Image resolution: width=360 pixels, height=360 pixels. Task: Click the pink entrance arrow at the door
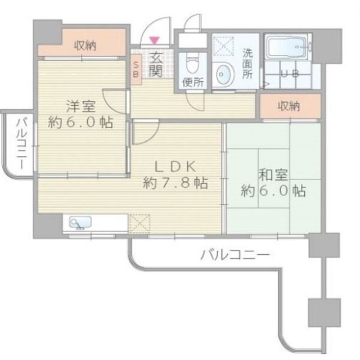click(x=155, y=39)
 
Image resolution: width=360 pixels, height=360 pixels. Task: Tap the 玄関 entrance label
click(x=155, y=63)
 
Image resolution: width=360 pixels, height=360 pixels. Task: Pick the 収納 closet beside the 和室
click(x=289, y=106)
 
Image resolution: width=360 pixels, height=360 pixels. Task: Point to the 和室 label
click(x=273, y=174)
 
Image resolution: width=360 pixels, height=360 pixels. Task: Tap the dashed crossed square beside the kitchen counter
click(x=138, y=222)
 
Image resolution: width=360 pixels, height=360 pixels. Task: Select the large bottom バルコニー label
click(x=235, y=255)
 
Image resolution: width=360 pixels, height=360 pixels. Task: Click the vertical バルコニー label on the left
click(x=20, y=143)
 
